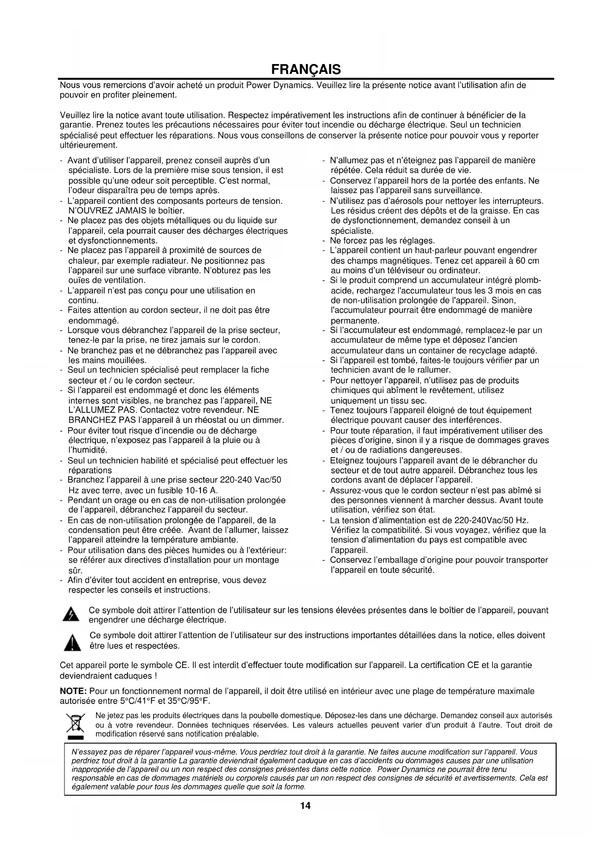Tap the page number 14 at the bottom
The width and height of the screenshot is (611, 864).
305,806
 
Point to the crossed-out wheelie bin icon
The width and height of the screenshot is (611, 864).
75,724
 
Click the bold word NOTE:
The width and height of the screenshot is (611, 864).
73,691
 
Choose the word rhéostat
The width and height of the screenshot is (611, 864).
201,420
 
